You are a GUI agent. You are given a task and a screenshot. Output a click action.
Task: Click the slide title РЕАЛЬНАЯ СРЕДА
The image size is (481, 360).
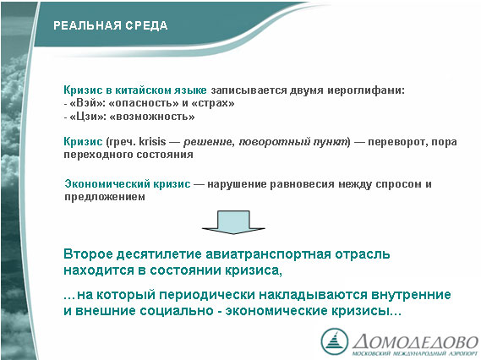(x=111, y=25)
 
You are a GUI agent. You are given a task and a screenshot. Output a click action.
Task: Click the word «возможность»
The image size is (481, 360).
(x=152, y=117)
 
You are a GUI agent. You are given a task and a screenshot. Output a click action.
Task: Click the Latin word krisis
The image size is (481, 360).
(x=152, y=142)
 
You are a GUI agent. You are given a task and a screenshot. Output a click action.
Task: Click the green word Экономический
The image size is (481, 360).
(x=107, y=184)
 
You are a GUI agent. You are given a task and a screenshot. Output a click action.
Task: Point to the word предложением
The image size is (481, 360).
(x=105, y=197)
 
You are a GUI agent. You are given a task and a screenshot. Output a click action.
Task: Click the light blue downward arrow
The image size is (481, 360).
(x=233, y=222)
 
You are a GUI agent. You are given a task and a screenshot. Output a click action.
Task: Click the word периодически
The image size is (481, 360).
(x=208, y=295)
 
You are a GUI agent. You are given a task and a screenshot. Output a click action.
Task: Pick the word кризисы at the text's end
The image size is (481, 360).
(x=366, y=311)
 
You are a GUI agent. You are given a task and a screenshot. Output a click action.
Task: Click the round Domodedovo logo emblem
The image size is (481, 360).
(x=335, y=341)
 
